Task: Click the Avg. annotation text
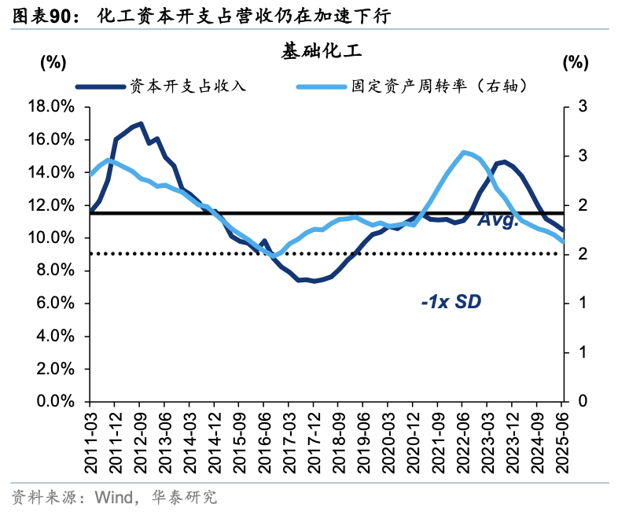(x=498, y=221)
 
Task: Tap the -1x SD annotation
(x=450, y=301)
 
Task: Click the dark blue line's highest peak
(x=140, y=123)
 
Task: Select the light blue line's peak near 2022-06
(x=463, y=152)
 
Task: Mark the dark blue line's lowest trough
(x=314, y=281)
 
